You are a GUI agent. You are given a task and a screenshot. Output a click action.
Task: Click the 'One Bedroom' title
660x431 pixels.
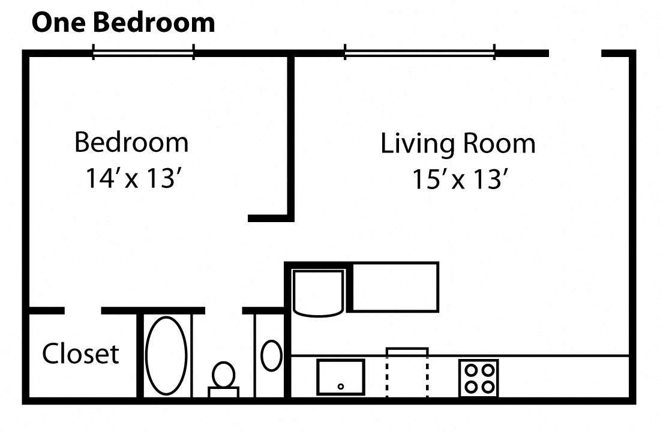123,23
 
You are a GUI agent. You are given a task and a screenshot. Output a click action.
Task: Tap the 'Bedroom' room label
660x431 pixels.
131,143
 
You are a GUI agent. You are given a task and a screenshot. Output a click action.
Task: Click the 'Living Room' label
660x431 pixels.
458,144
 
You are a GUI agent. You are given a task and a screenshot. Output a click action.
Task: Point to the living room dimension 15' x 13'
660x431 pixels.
460,179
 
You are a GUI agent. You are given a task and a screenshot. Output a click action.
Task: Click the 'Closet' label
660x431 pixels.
80,354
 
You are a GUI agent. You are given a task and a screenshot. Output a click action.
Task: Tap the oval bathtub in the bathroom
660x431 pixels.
166,355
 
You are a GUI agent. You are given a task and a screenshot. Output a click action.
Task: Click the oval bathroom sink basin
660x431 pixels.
271,355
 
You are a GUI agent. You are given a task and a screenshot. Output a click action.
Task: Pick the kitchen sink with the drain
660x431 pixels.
340,377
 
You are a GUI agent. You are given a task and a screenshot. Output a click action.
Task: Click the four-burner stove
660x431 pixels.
478,378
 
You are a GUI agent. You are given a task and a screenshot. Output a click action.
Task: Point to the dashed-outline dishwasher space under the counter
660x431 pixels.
407,373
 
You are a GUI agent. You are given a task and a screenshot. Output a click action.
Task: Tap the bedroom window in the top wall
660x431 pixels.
143,53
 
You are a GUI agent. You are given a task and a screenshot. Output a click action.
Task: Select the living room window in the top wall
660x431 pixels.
419,53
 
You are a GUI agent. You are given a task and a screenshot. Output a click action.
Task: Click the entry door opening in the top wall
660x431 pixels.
575,53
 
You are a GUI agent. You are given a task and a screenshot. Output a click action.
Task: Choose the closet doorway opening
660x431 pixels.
83,310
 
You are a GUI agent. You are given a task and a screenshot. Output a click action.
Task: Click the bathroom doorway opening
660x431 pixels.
223,310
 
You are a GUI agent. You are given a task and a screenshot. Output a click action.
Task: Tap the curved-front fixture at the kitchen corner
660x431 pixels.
318,292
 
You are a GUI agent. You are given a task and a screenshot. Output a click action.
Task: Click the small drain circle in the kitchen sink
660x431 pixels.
341,387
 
